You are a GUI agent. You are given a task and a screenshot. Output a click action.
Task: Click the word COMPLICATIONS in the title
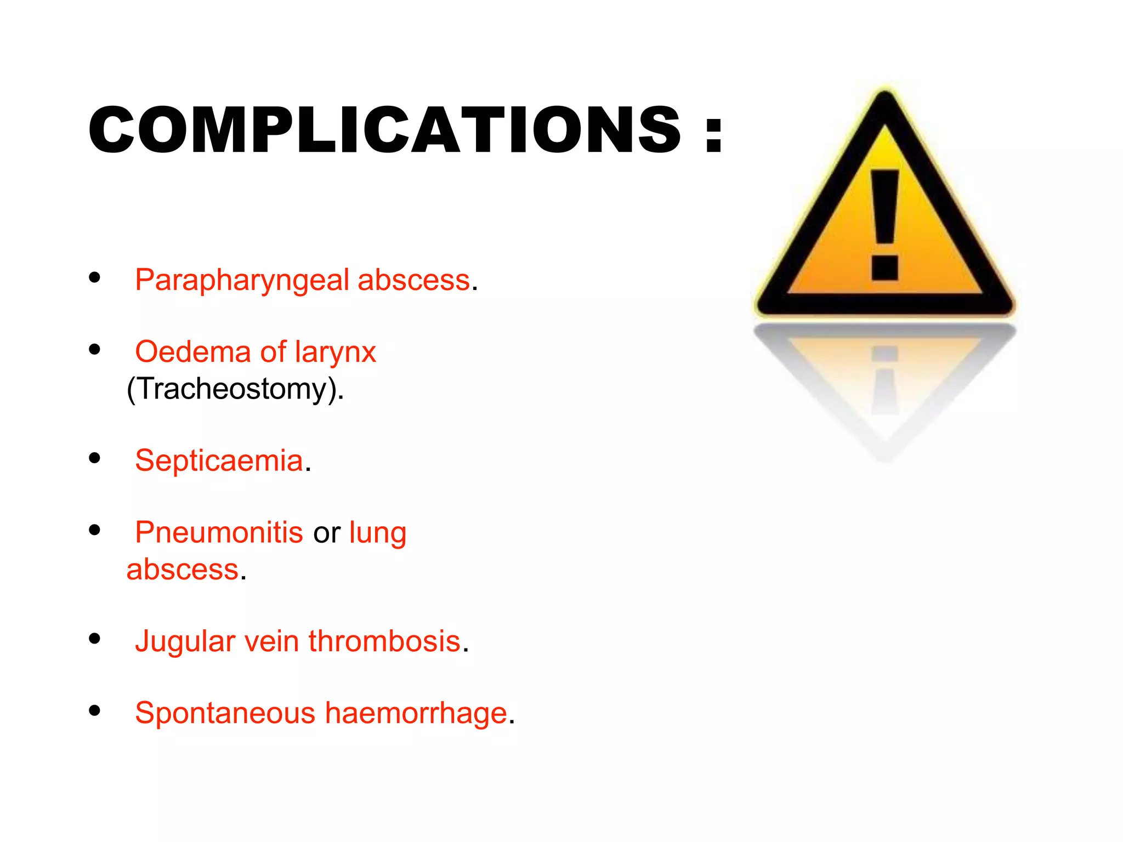(384, 130)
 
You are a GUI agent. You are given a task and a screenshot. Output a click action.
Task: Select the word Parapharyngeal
(242, 281)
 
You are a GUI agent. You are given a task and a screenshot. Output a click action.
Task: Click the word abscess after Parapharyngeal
(413, 280)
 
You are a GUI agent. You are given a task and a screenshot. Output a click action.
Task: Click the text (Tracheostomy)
(235, 389)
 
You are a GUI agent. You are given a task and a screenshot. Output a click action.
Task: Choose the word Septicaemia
(219, 460)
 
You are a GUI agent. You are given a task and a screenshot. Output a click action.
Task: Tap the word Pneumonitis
(219, 532)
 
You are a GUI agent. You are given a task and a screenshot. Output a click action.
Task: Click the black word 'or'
(327, 533)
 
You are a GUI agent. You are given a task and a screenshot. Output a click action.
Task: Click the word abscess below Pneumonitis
(183, 570)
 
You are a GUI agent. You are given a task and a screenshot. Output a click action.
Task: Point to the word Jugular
(185, 641)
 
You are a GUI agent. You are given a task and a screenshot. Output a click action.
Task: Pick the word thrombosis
(384, 641)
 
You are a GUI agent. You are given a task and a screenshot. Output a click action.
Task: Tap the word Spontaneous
(225, 713)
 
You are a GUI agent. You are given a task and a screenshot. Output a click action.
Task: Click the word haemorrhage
(416, 713)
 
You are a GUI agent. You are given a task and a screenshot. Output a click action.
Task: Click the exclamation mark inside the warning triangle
(884, 225)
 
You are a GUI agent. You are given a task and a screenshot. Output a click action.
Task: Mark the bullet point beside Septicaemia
(95, 458)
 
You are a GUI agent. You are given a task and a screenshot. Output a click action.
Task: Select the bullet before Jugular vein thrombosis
(95, 639)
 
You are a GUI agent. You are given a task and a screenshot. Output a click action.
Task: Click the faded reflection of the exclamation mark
(884, 381)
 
